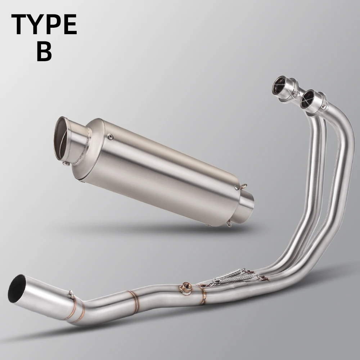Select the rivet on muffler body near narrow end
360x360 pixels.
pyautogui.click(x=237, y=188)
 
